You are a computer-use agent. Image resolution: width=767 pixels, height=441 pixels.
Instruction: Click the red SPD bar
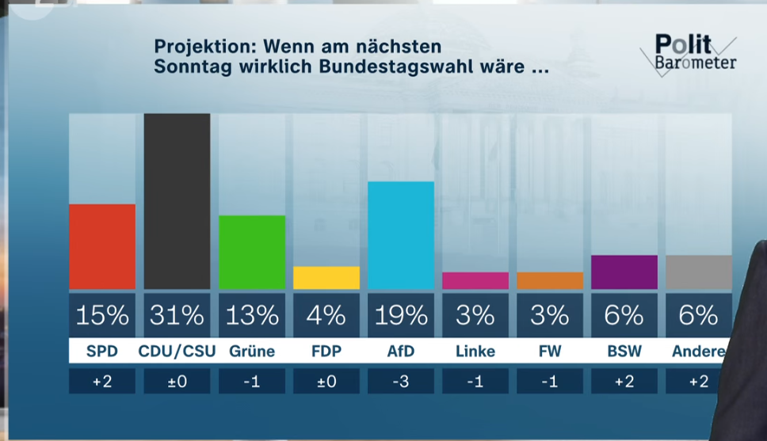[x=102, y=246]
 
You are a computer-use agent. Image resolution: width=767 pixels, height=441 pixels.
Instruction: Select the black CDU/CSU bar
[x=177, y=201]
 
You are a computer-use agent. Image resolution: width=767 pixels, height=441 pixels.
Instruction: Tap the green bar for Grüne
[x=251, y=252]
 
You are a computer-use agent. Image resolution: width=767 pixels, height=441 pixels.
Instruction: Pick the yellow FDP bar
[x=326, y=278]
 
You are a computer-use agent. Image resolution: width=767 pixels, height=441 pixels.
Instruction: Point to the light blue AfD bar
[x=400, y=235]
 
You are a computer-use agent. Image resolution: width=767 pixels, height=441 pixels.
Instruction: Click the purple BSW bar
[x=624, y=272]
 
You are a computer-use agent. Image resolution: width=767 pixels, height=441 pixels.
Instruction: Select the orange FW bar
[x=549, y=280]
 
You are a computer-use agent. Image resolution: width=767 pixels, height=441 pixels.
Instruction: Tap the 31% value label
[x=177, y=315]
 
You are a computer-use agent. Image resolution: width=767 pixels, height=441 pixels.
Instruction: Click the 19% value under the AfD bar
[x=400, y=315]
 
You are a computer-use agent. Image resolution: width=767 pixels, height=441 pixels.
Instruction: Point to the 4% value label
[x=326, y=315]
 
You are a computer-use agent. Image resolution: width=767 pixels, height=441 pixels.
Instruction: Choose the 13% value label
[x=251, y=315]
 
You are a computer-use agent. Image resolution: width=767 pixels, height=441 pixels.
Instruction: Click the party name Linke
[x=475, y=351]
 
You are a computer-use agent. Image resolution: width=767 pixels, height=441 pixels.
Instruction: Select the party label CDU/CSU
[x=177, y=351]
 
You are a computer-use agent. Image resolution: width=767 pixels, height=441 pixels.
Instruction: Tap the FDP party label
[x=326, y=351]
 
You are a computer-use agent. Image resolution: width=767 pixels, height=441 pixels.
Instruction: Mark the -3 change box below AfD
[x=400, y=382]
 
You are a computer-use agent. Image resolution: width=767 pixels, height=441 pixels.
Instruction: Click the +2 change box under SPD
[x=102, y=382]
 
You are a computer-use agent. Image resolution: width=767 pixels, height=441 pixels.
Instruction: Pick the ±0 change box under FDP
[x=326, y=382]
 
